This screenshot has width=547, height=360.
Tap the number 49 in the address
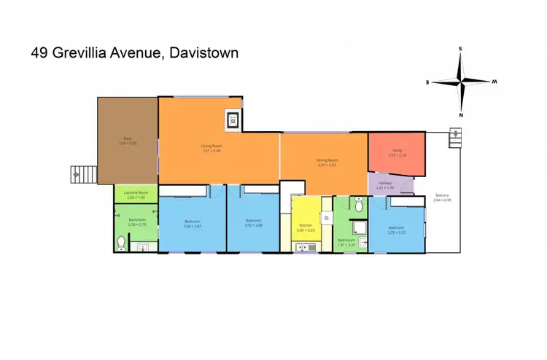click(x=41, y=52)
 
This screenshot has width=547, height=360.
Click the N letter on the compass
click(x=461, y=114)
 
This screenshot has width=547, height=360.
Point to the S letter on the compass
click(x=460, y=49)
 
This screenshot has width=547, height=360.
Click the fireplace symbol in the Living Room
click(x=233, y=120)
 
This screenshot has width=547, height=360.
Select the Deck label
click(x=127, y=138)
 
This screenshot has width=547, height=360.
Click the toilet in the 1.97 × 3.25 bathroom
click(x=357, y=207)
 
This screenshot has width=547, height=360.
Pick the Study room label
click(x=397, y=150)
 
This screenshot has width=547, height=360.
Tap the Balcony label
click(x=442, y=195)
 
